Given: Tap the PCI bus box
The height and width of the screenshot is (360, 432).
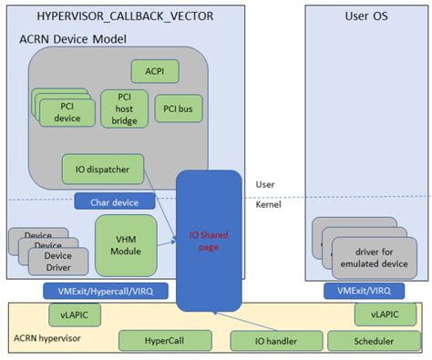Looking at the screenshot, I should [178, 108].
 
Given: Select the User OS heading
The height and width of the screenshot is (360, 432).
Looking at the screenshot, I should [362, 16].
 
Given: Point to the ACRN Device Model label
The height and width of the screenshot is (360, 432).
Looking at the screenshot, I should [72, 39].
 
